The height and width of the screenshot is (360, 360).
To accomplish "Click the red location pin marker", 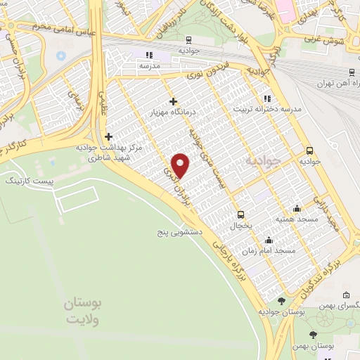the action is pyautogui.click(x=181, y=165).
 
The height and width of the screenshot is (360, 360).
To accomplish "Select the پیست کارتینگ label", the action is pyautogui.click(x=23, y=181).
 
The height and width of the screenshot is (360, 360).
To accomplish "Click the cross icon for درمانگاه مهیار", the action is pyautogui.click(x=173, y=102).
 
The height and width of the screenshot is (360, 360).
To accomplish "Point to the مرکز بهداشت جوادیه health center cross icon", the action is pyautogui.click(x=108, y=137).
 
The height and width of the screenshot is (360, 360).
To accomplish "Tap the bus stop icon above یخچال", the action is pyautogui.click(x=241, y=214).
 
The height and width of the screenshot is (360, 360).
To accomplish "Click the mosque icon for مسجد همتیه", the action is pyautogui.click(x=297, y=208).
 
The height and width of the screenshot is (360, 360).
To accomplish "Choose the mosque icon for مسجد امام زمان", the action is pyautogui.click(x=268, y=240).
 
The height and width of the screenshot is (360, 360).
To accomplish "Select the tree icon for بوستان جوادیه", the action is pyautogui.click(x=282, y=301).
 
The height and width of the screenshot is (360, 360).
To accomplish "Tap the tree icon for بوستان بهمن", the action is pyautogui.click(x=313, y=335).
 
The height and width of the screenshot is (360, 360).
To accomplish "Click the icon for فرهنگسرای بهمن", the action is pyautogui.click(x=346, y=295).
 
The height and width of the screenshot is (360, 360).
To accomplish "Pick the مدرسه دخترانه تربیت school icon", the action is pyautogui.click(x=266, y=99).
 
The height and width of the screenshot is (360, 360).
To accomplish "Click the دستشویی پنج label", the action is pyautogui.click(x=180, y=231).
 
